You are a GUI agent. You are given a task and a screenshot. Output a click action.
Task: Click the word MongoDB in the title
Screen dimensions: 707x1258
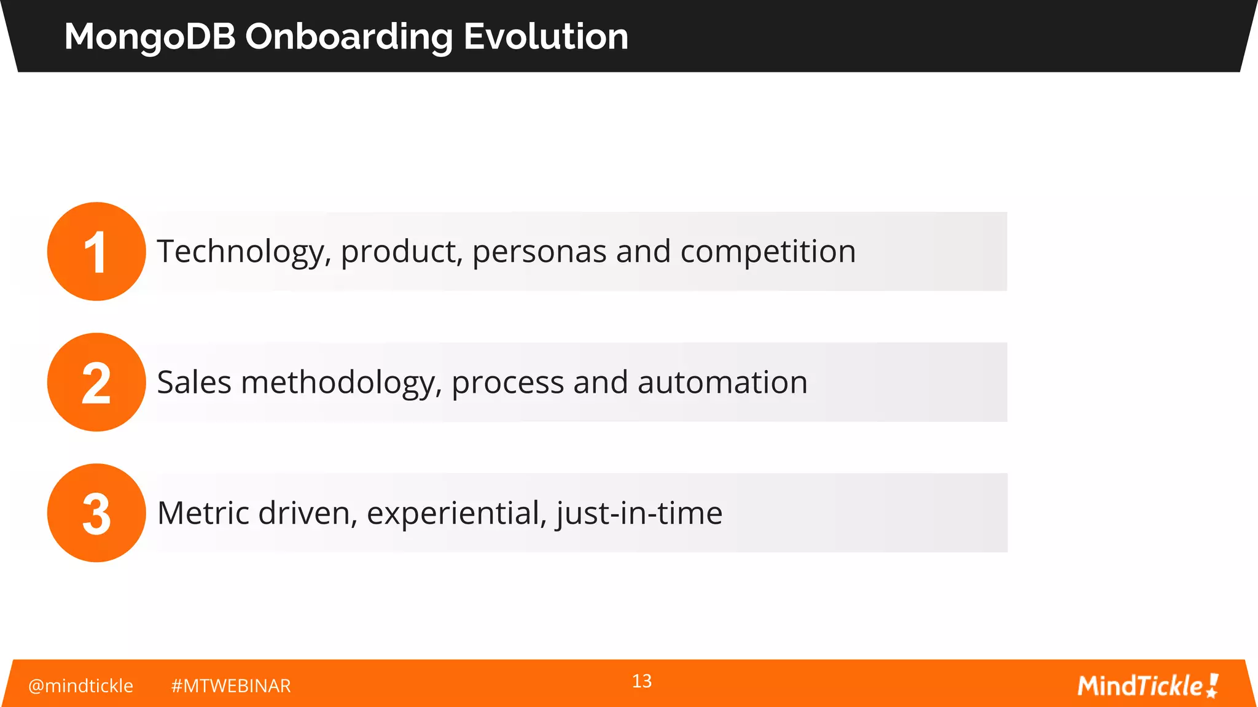pos(150,37)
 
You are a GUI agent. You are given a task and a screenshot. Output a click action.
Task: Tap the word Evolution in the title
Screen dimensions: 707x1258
pos(545,37)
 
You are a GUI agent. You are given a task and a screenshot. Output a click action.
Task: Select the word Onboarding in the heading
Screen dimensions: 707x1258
pos(348,37)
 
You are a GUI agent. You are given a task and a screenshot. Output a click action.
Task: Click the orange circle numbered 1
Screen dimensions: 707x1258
pos(96,252)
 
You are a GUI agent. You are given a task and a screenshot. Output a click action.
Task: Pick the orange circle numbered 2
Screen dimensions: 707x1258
pos(96,382)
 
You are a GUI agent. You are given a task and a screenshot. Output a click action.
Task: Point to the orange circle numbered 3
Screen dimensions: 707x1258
pos(96,513)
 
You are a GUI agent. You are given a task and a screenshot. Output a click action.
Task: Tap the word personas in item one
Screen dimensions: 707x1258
pos(539,252)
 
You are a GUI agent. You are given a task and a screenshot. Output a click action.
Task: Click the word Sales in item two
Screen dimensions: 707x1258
pos(194,382)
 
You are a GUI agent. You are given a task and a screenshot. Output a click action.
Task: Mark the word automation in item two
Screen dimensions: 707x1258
pos(722,382)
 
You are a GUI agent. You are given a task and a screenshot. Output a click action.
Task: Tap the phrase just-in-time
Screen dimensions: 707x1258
pos(639,513)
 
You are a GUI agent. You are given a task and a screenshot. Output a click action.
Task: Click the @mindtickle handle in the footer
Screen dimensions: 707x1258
pos(80,686)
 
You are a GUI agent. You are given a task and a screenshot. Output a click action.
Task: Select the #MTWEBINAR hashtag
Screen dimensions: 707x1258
pos(231,686)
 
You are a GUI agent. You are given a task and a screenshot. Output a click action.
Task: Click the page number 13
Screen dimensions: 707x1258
pos(642,681)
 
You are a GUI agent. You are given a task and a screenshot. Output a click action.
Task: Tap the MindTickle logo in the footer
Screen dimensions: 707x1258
pos(1147,686)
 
